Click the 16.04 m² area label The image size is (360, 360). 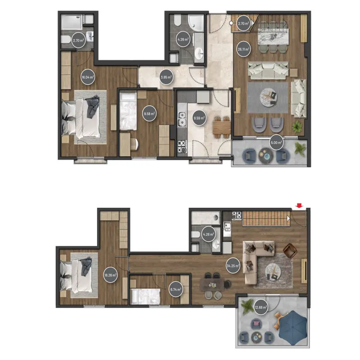coord(88,77)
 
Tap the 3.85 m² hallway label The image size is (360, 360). coord(166,77)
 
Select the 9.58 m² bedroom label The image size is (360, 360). coord(149,114)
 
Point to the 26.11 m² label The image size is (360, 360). coord(243,49)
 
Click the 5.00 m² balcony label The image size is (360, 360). coord(276,143)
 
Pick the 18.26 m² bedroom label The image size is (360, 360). coord(110,275)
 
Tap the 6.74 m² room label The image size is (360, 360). coord(175,290)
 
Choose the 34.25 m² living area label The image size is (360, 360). coord(233,266)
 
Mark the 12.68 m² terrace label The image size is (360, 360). coord(261,307)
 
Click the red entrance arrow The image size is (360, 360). coord(299,206)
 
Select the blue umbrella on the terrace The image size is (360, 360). coord(293,328)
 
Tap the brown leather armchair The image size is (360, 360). coord(290,251)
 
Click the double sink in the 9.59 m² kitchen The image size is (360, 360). coord(182,119)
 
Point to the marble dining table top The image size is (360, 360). coord(273,36)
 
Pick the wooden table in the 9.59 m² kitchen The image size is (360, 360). coord(222,127)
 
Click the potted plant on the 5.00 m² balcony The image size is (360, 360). coord(300,148)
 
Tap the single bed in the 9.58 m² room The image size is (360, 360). coord(128,111)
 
